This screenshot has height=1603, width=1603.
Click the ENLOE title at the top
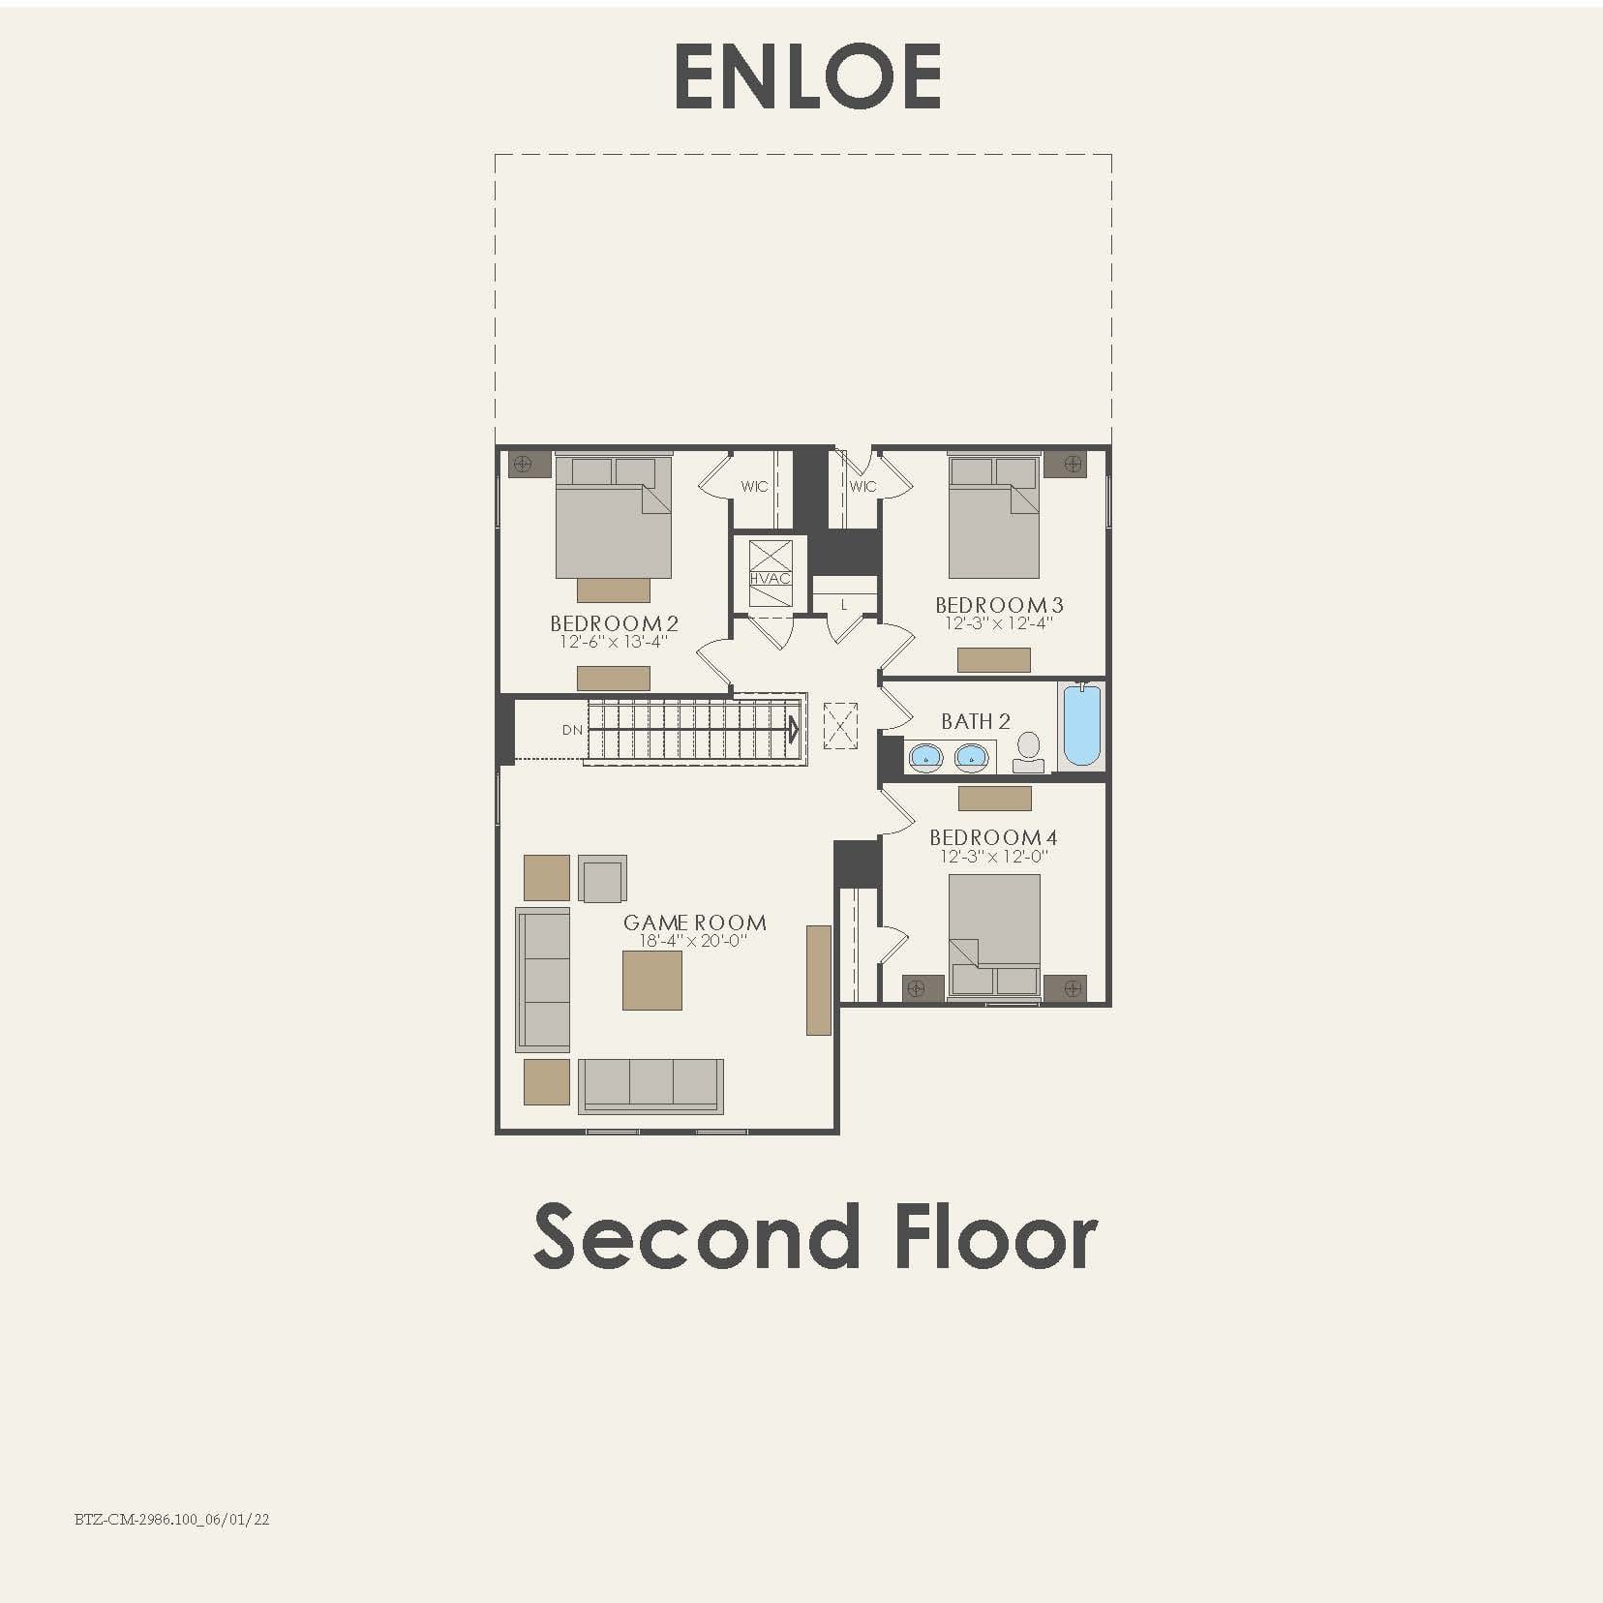(x=807, y=76)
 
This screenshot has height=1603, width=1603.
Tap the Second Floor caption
(x=815, y=1237)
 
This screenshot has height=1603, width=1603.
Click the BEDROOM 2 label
(x=614, y=623)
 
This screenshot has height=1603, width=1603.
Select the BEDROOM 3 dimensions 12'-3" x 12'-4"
(x=998, y=623)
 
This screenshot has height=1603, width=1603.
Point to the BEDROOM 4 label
(x=993, y=837)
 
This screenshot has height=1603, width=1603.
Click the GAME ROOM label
(x=694, y=922)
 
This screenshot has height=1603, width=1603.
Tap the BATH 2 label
(x=975, y=721)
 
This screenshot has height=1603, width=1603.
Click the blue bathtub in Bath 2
(x=1081, y=725)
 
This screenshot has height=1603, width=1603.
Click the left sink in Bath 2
(x=925, y=757)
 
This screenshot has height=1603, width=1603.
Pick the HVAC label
(x=771, y=578)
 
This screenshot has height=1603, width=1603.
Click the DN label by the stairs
(x=572, y=730)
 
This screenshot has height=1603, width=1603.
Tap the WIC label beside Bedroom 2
(x=754, y=486)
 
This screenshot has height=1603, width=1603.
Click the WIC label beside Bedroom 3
(x=862, y=486)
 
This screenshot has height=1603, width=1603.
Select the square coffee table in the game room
(x=651, y=980)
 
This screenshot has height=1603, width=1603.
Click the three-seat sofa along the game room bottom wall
(x=650, y=1085)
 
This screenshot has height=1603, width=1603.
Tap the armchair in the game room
(x=602, y=879)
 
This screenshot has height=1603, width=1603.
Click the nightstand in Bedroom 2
(x=523, y=464)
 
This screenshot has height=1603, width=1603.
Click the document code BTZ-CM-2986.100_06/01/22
(x=171, y=1519)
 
